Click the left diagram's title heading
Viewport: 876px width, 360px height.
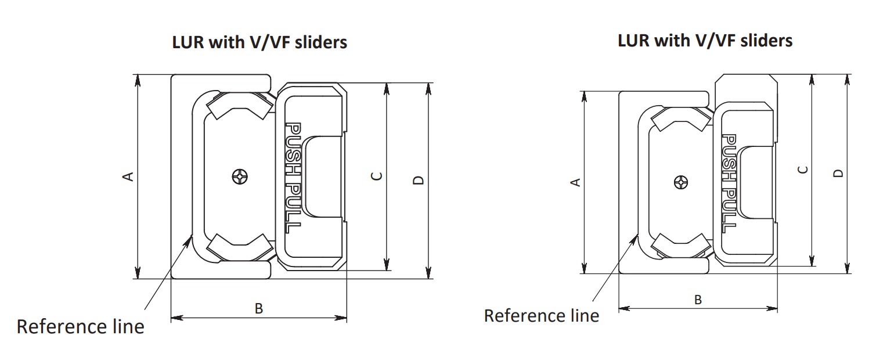259,42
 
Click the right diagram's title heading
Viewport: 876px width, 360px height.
705,41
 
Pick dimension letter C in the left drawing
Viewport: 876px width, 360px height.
377,175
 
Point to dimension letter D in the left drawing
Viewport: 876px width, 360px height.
419,180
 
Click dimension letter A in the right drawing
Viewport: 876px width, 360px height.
575,182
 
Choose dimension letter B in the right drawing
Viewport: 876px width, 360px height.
698,300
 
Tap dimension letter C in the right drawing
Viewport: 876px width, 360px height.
802,170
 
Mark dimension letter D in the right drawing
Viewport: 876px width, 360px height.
838,174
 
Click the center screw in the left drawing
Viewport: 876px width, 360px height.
240,176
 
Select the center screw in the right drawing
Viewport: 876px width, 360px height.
680,182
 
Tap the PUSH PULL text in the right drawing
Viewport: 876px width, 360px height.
729,183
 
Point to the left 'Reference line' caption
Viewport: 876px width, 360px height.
80,326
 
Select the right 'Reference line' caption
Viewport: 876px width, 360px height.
541,316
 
